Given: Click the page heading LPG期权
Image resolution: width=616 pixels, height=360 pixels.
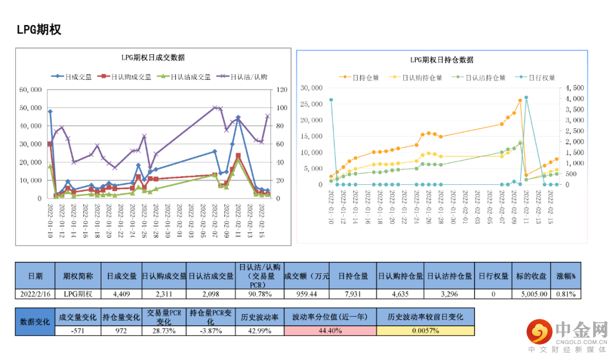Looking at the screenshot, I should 39,30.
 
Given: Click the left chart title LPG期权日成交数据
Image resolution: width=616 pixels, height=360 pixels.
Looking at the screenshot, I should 152,58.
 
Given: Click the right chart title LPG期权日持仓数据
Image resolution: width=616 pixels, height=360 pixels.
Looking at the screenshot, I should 441,60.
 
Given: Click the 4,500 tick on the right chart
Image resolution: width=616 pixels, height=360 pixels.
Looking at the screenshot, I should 574,88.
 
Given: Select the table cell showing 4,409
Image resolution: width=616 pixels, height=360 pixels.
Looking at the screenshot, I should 121,294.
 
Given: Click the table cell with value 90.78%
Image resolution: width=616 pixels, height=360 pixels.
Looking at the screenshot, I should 259,294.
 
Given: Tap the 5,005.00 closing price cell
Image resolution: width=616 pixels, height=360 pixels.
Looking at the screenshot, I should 534,294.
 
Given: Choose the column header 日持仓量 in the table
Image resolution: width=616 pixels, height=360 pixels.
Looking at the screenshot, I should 353,276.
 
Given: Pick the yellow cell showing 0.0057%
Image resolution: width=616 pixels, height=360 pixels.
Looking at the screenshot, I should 425,331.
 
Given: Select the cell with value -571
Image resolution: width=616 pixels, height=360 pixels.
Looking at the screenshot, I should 78,331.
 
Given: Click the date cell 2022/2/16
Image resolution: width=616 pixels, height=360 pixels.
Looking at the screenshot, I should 35,294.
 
